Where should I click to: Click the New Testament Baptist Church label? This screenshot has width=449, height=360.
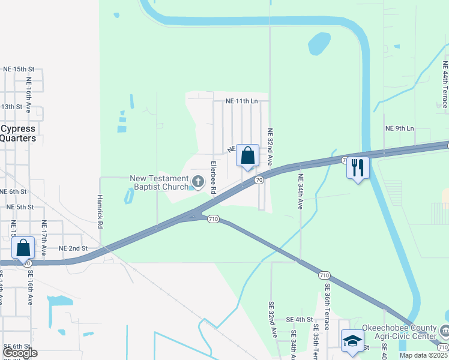coord(160,182)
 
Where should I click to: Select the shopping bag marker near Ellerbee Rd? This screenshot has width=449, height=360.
coord(247,156)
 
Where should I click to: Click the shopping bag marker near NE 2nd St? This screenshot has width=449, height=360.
coord(23,248)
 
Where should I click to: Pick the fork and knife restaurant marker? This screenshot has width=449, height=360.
coord(357,168)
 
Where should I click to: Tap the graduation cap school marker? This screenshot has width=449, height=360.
coord(352,341)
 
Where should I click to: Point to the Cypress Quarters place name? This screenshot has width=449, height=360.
coord(18,133)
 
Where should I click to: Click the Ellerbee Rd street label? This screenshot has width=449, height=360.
coord(213,177)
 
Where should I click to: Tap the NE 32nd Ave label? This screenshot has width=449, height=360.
coord(270,147)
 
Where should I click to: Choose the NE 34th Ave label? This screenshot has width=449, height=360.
coord(300,191)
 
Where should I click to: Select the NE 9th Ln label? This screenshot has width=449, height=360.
coord(400,128)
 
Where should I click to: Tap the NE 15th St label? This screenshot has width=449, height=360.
coord(19,69)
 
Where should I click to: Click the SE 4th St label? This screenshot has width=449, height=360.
coord(300,319)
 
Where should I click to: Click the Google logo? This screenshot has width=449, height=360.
coord(19,353)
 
